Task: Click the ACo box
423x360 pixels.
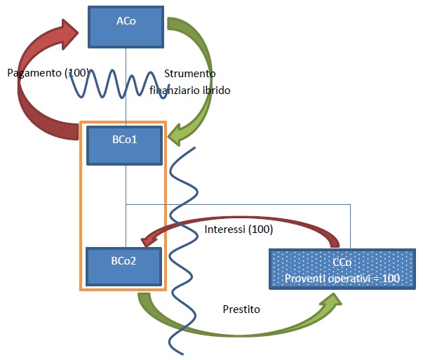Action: click(126, 27)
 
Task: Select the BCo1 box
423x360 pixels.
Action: click(124, 145)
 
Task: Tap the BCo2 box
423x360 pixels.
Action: click(124, 267)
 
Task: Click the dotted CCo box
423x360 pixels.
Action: click(342, 269)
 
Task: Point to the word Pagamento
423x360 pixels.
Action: click(34, 73)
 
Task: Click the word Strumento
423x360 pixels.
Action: click(190, 74)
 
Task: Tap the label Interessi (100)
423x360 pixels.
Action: click(239, 229)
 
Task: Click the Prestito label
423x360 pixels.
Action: click(241, 309)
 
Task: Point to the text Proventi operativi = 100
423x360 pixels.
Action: click(342, 278)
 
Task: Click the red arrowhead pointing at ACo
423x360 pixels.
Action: click(69, 34)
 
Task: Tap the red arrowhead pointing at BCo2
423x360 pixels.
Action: click(149, 241)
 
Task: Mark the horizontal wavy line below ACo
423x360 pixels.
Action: click(119, 84)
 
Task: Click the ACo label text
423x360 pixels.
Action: click(126, 21)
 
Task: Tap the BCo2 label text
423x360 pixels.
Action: click(124, 261)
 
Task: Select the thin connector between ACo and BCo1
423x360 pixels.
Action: click(126, 87)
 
